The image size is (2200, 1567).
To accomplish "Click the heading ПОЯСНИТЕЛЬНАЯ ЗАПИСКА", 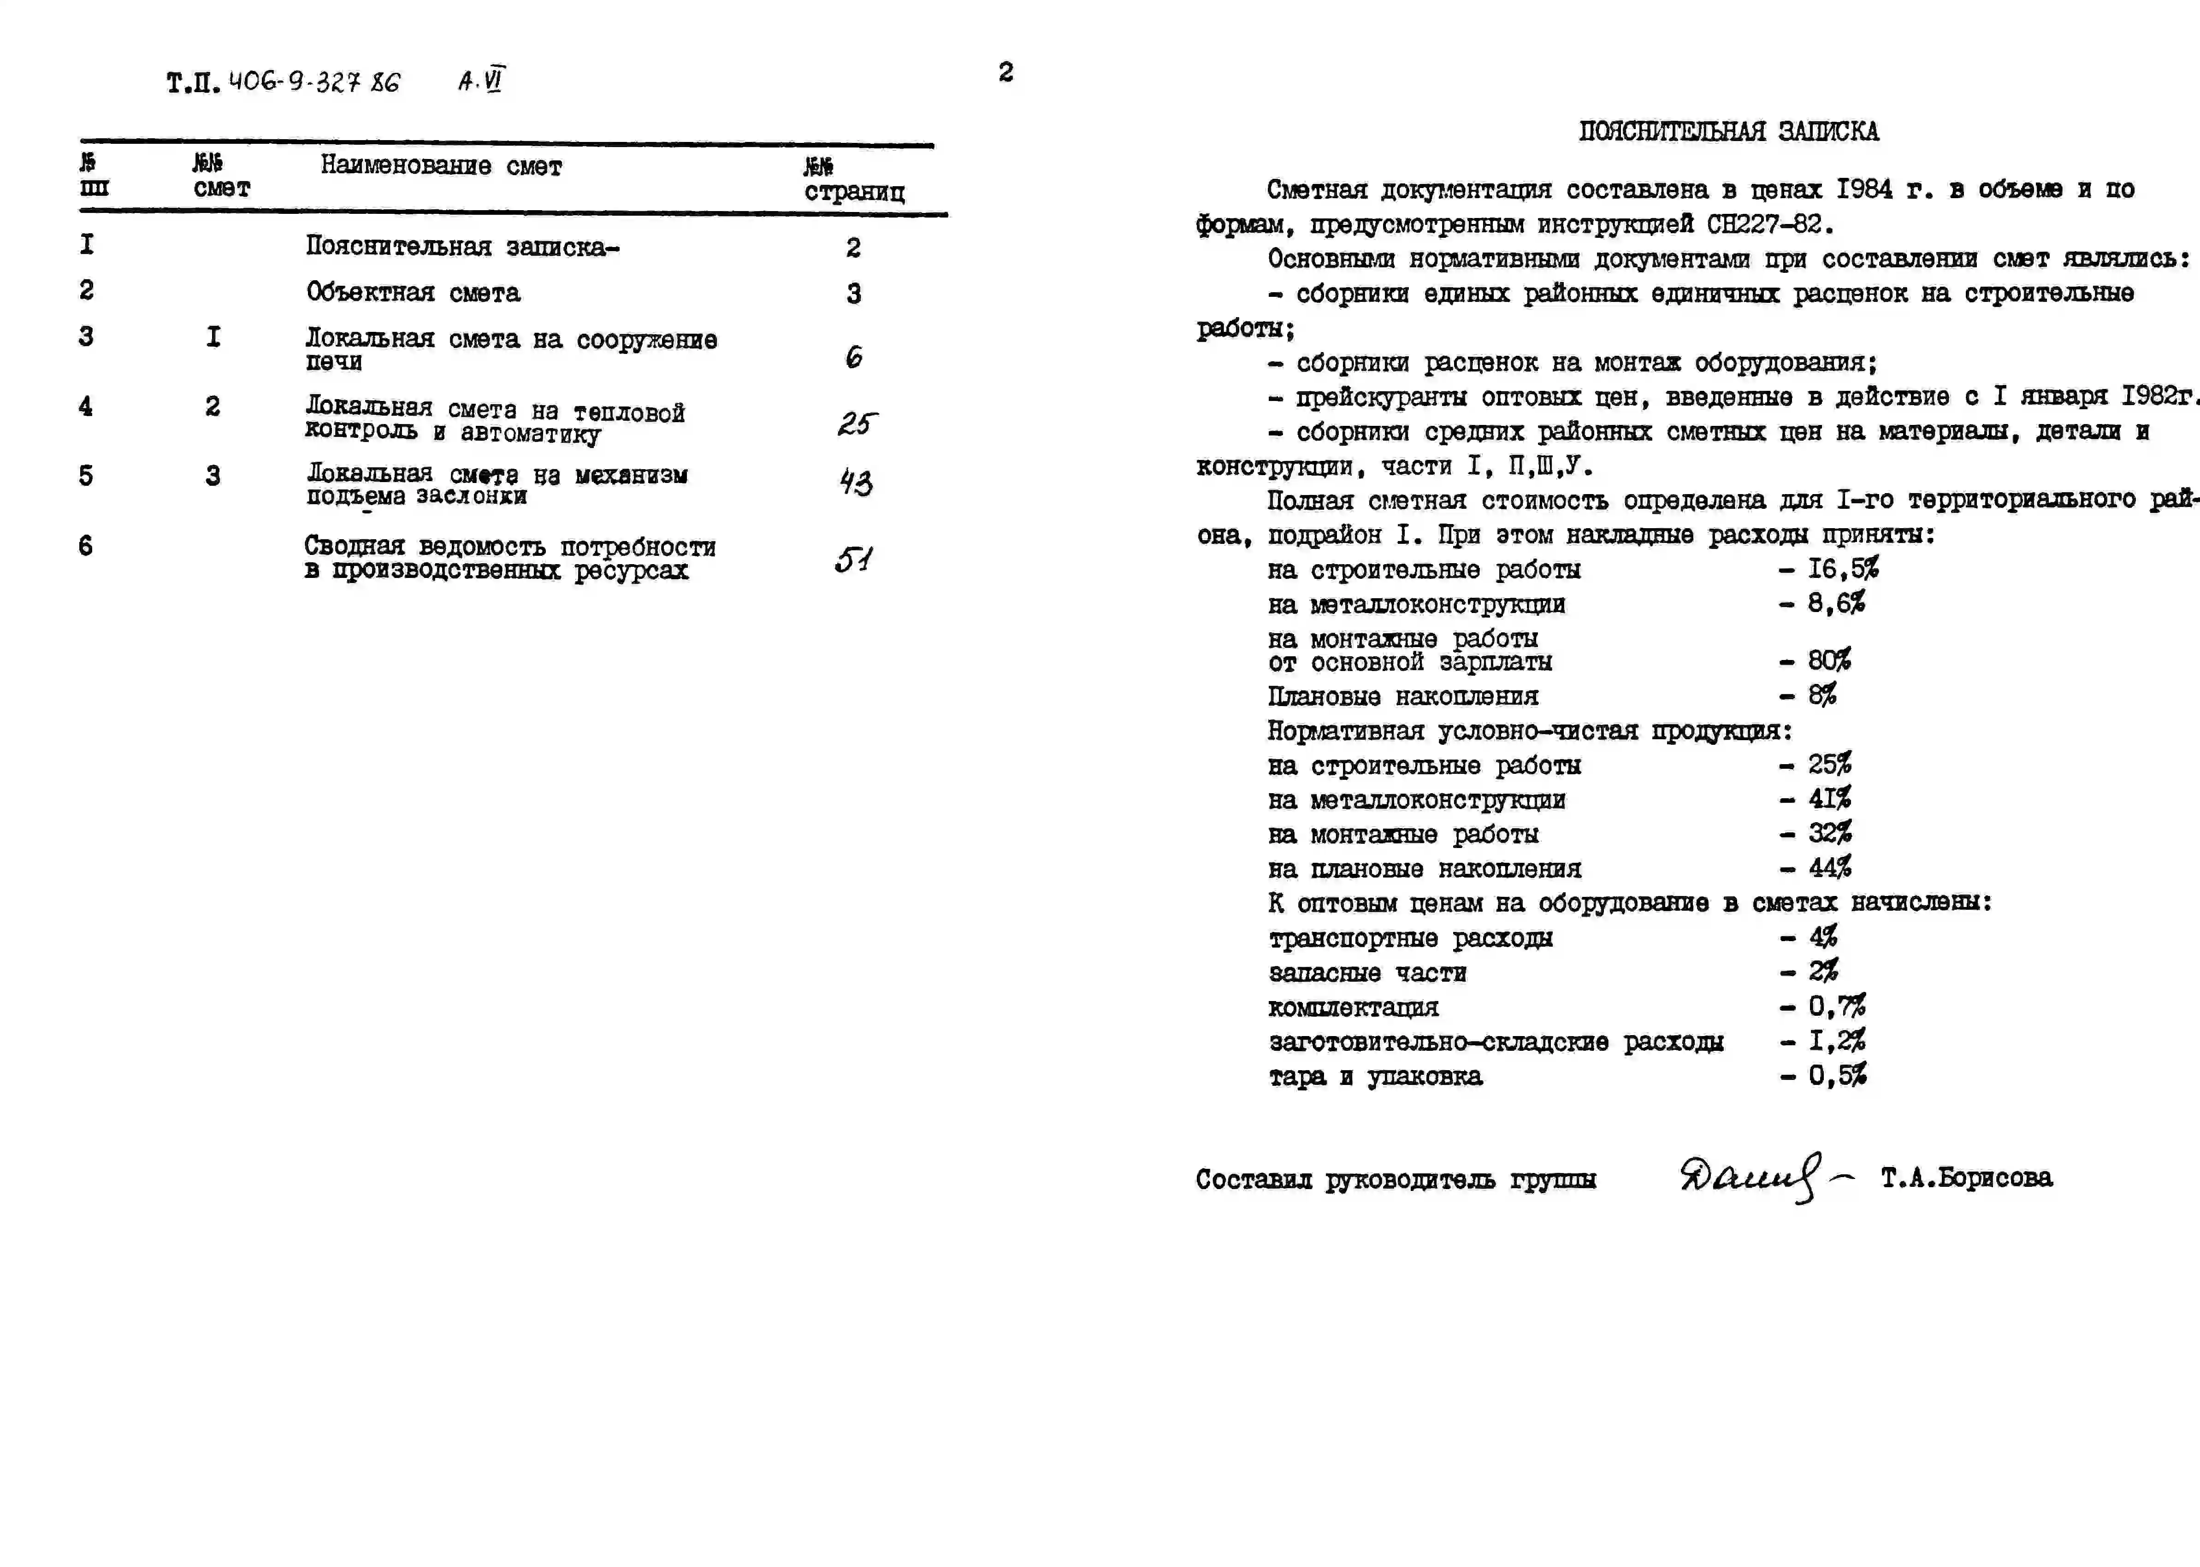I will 1728,131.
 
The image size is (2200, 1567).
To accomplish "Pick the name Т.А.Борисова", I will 1966,1177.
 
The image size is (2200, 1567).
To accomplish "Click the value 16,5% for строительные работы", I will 1842,568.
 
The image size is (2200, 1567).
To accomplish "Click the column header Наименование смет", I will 441,166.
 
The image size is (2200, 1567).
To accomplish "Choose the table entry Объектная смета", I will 413,292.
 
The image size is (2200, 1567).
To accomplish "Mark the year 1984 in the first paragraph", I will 1864,189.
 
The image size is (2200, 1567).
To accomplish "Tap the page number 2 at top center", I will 1005,72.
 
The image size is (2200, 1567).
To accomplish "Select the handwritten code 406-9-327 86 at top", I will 313,82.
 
